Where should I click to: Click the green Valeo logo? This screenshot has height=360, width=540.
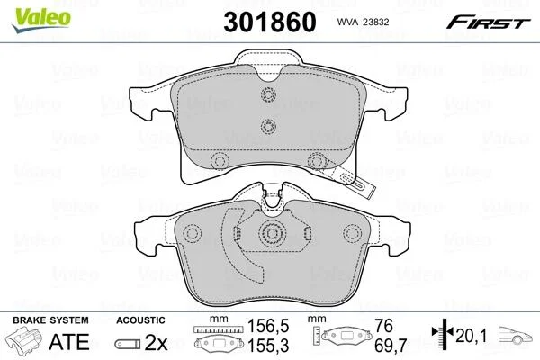coord(41,20)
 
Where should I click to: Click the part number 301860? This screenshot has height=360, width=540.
coord(270,22)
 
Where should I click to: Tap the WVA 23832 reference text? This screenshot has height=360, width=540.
coord(363,22)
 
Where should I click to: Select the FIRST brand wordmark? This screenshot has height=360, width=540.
coord(489,22)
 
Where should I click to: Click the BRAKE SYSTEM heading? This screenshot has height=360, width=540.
coord(50,320)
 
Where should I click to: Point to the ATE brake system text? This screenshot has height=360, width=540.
coord(69,341)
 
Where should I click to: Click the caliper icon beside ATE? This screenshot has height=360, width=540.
coord(24,340)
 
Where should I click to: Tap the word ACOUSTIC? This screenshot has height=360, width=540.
coord(140,320)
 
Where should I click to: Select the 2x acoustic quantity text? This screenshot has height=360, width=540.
coord(156,342)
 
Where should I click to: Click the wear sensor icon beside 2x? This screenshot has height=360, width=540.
coord(128,344)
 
